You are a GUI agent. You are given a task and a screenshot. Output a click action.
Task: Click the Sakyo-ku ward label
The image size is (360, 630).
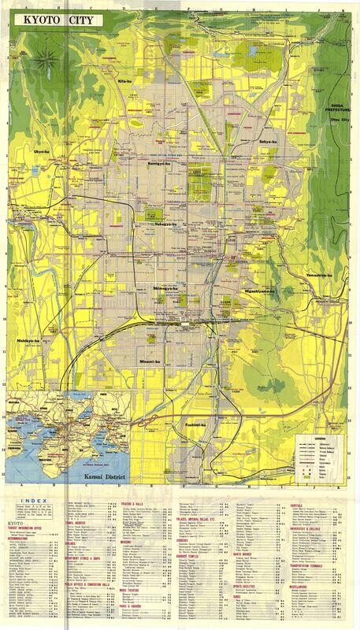269,141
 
